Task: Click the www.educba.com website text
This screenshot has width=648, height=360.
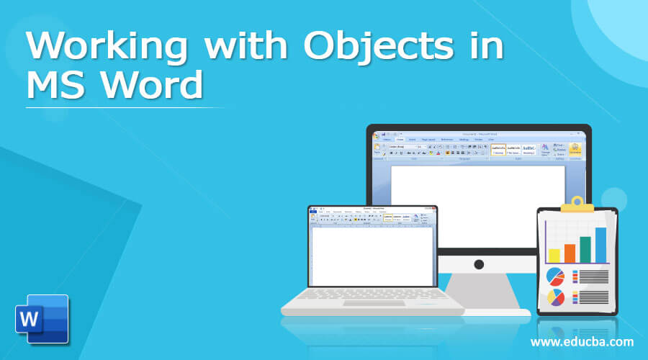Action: coord(581,341)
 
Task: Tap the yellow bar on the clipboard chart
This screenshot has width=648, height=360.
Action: coord(554,256)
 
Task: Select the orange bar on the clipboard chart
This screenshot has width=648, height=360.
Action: coord(570,253)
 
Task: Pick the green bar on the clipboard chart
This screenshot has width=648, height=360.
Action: coord(585,249)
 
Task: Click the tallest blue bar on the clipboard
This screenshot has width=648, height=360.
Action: coord(600,245)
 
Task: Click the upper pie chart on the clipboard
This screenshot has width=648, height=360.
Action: coord(556,276)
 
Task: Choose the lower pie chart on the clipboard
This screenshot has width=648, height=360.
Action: coord(556,297)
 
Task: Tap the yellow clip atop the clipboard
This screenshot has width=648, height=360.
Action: coord(577,205)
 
